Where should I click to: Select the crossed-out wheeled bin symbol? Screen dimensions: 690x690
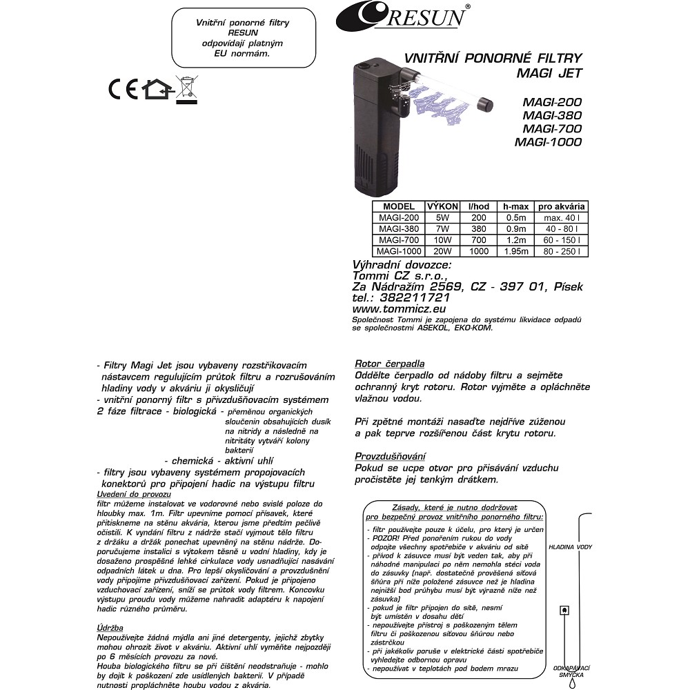coord(184,90)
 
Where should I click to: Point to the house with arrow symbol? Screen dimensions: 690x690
coord(156,90)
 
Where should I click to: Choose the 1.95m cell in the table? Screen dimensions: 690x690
coord(515,251)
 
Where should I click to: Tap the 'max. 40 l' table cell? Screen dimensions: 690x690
coord(562,217)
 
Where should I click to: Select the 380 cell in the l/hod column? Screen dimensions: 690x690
coord(478,228)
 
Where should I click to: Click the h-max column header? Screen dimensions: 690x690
coord(515,206)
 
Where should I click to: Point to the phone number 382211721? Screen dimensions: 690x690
coord(415,297)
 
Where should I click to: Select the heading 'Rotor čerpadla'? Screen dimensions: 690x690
coord(389,364)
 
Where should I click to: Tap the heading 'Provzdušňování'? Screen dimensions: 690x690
coord(390,456)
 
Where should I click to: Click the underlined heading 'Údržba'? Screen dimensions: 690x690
coord(110,627)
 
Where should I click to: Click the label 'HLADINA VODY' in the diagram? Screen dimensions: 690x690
coord(570,546)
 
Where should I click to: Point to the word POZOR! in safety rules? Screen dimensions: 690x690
coord(384,538)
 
